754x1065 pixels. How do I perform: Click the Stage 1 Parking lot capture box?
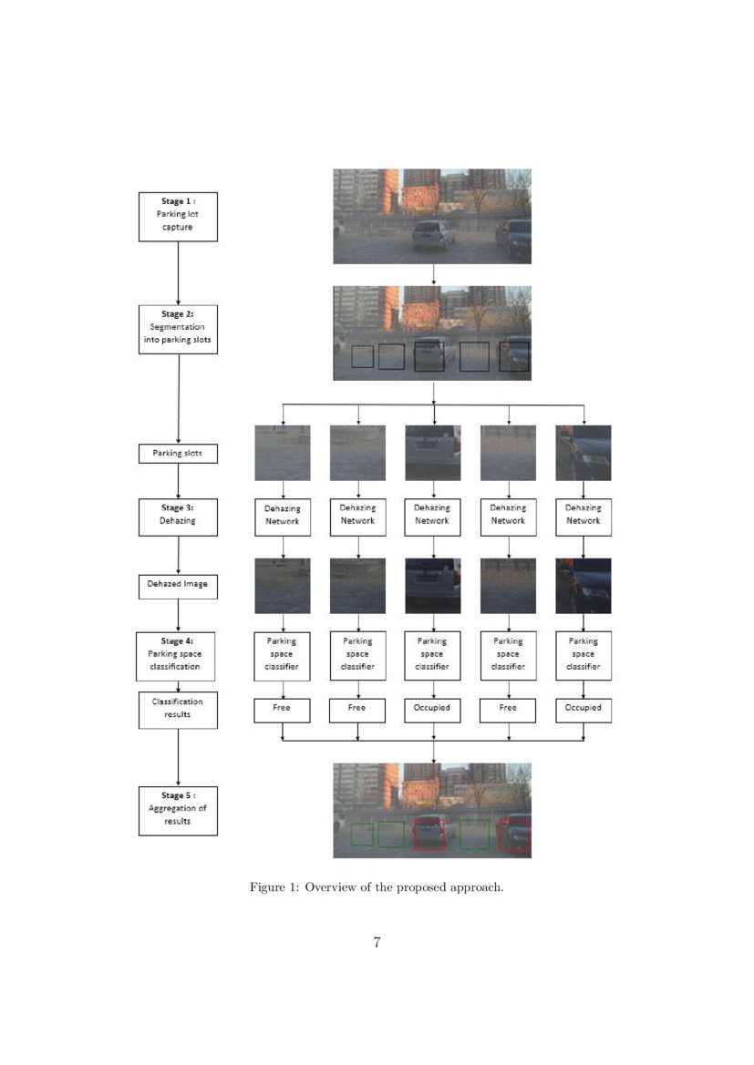178,217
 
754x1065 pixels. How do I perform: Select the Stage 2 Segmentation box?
178,330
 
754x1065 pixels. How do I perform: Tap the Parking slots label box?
178,453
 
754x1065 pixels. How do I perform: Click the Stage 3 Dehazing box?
178,517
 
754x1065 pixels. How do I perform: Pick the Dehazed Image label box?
178,587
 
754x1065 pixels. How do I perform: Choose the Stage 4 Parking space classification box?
178,656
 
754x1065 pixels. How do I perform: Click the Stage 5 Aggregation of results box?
178,811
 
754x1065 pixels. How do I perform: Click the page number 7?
377,943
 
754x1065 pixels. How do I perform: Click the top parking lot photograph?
432,216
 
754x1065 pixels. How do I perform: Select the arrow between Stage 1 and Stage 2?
178,273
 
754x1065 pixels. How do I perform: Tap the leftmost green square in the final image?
362,835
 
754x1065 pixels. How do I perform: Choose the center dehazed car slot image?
432,586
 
